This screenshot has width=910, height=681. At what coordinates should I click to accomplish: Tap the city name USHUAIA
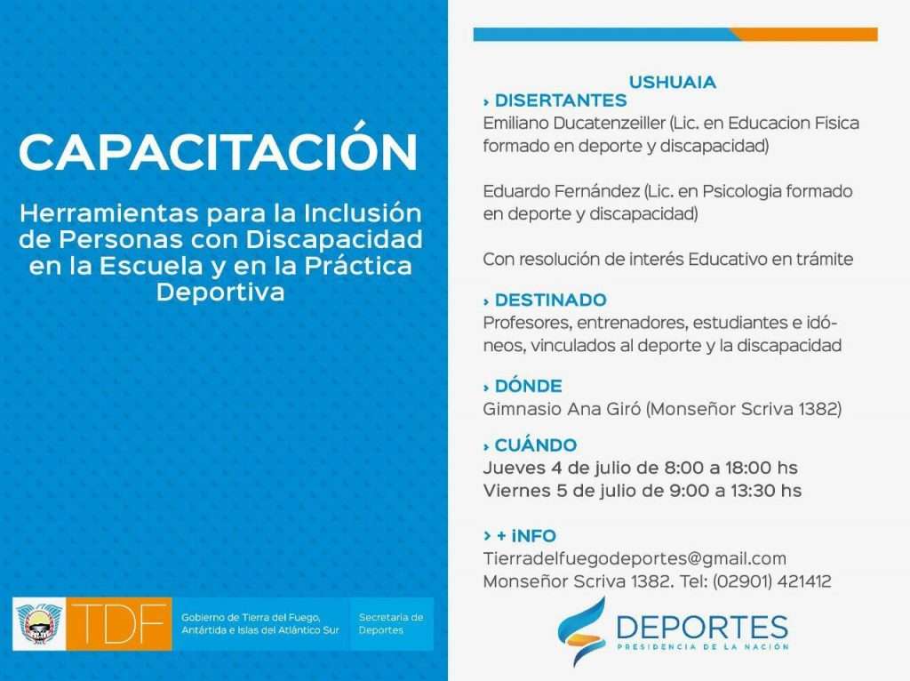(673, 82)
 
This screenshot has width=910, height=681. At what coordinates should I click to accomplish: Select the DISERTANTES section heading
(561, 100)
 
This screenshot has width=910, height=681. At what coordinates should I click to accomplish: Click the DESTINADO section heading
(551, 300)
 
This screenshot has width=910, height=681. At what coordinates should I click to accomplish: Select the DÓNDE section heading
(528, 386)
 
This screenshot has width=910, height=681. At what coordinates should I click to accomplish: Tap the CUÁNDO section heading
(536, 445)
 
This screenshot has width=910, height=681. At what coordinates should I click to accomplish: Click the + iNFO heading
(526, 535)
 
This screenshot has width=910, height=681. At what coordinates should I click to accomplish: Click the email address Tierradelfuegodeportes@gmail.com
(635, 558)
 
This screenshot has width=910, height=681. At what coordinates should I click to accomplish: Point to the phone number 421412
(803, 581)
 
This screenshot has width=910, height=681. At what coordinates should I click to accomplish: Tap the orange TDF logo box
(119, 623)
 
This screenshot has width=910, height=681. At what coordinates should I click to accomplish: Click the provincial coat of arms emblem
(39, 624)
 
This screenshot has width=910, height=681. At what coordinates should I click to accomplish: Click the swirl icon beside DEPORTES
(581, 631)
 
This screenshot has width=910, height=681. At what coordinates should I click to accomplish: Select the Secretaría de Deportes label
(391, 623)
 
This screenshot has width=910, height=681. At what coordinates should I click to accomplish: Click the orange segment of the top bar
(804, 35)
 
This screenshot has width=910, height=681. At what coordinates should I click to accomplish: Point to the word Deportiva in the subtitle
(220, 292)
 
